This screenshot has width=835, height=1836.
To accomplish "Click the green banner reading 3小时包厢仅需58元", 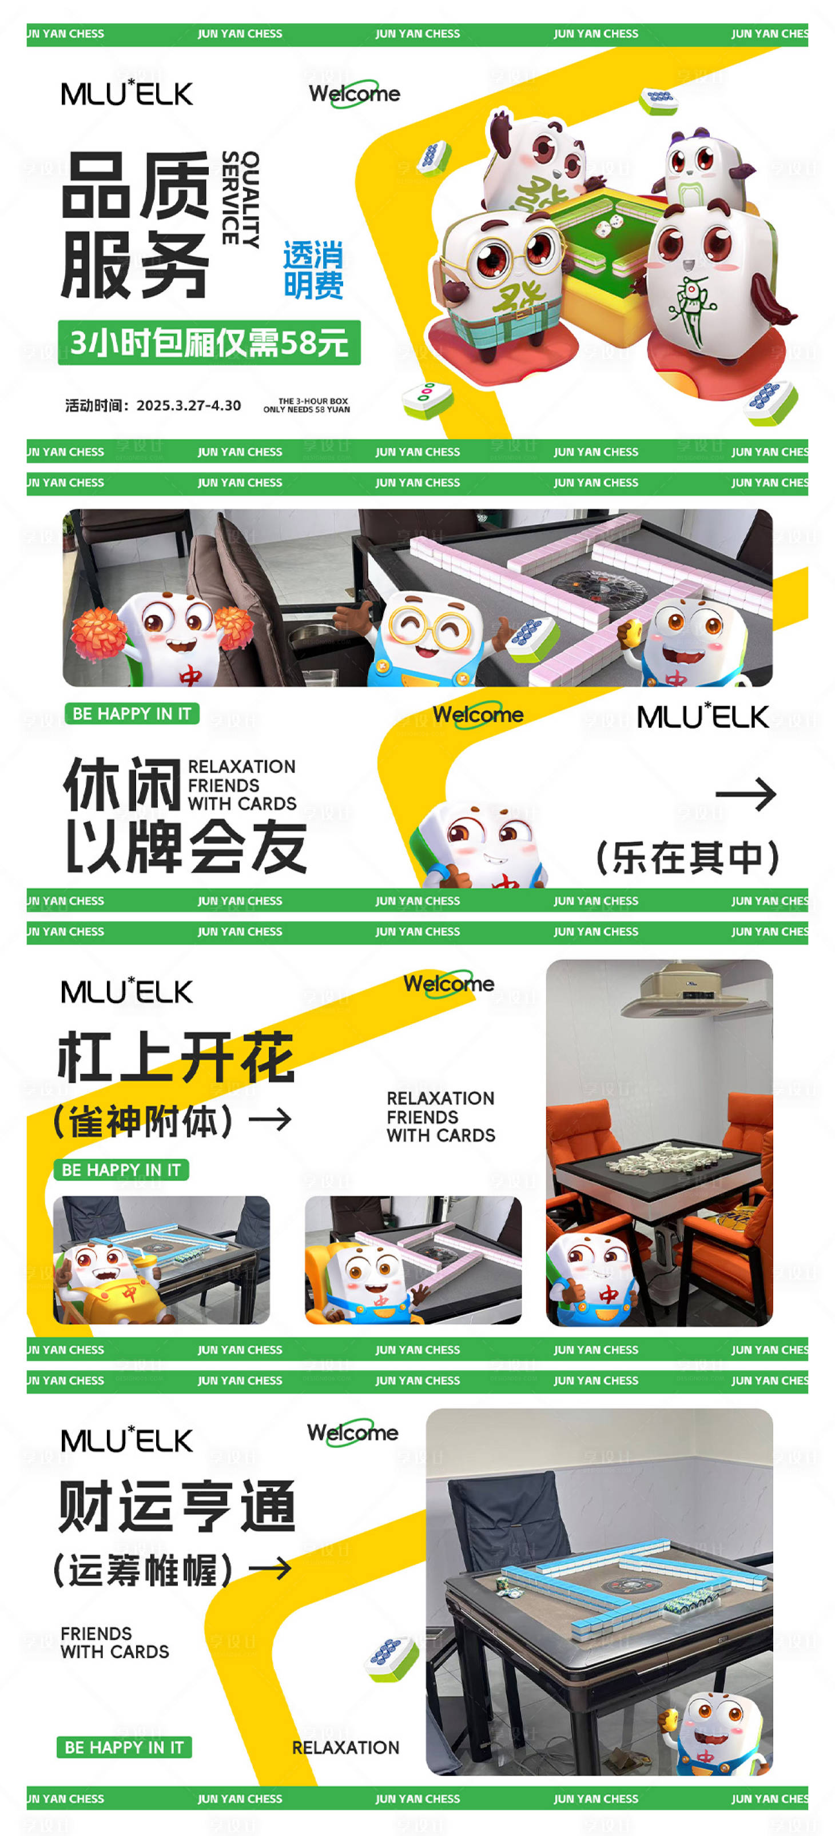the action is [x=209, y=343].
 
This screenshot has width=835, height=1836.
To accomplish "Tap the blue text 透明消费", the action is [x=313, y=270].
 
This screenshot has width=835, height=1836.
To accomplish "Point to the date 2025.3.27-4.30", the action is [x=189, y=405].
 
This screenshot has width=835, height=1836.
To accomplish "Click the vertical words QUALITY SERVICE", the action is [x=240, y=198].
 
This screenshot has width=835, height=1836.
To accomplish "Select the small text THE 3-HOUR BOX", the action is [x=313, y=401].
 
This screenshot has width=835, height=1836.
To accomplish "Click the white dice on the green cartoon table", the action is [x=606, y=227].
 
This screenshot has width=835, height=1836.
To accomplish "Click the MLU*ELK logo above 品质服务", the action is [x=127, y=93].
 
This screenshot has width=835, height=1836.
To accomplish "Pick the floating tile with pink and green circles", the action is [x=427, y=398].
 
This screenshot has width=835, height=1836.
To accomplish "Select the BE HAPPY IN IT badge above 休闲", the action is [x=132, y=713].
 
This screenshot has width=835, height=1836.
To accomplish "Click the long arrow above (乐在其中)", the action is [x=746, y=795].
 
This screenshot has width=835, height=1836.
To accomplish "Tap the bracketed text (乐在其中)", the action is [x=687, y=857].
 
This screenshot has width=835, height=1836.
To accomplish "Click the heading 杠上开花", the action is [x=176, y=1057].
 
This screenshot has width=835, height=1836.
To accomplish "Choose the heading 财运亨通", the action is [x=177, y=1506].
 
